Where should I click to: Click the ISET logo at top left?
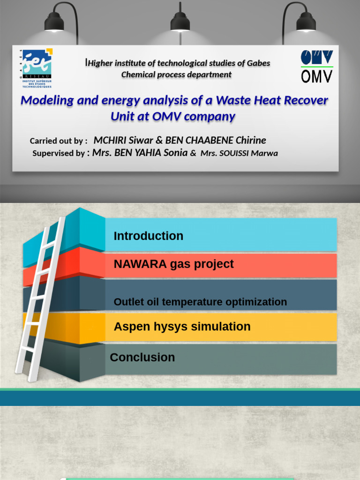coord(37,68)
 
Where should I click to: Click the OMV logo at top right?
coord(317,66)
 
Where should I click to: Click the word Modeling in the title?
coord(46,100)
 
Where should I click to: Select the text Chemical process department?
coord(176,75)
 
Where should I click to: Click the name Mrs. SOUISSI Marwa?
coord(239,153)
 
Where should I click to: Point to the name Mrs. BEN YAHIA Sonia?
coord(140,152)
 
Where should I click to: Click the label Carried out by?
coord(58,141)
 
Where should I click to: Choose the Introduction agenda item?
coord(148,236)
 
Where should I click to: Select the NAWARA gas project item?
coord(173,264)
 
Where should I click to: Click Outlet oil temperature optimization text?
coord(200,302)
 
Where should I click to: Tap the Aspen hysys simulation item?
coord(182,327)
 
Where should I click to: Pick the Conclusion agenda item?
coord(142,357)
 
